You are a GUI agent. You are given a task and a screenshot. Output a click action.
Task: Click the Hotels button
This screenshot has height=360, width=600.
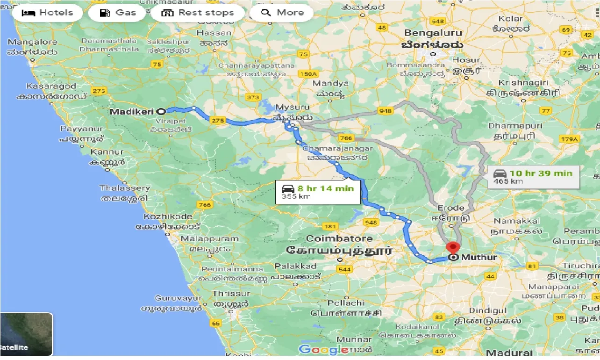tap(47, 13)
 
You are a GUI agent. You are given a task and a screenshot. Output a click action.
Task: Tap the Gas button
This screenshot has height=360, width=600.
tap(118, 13)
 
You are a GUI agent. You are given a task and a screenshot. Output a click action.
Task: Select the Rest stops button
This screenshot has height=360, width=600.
tap(197, 13)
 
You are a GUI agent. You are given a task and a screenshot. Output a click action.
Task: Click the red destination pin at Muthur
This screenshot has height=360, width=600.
tap(453, 248)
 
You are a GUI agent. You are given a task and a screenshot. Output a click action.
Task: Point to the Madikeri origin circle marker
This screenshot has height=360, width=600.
tap(161, 112)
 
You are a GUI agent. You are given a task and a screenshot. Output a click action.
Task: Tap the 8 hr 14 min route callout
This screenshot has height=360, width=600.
tap(318, 192)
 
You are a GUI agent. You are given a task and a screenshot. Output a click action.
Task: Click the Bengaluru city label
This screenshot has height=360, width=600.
tap(433, 33)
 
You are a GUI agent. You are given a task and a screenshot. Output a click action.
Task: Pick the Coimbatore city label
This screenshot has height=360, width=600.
tap(339, 238)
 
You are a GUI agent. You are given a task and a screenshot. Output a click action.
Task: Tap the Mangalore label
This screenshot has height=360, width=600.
tap(32, 42)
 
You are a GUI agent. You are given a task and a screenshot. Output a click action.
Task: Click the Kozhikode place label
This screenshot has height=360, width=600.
tap(168, 216)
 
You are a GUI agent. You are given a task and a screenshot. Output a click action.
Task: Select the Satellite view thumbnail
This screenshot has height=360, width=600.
tap(26, 334)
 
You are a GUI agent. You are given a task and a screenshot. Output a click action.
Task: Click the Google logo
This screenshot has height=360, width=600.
tap(323, 349)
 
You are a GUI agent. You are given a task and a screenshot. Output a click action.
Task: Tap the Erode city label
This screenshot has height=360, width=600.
tap(451, 208)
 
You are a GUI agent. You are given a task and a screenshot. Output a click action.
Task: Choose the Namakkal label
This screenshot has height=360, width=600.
tap(517, 221)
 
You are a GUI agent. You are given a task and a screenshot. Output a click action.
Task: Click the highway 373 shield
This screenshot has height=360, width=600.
tap(252, 97)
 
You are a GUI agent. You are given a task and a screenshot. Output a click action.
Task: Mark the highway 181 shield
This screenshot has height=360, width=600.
tap(330, 227)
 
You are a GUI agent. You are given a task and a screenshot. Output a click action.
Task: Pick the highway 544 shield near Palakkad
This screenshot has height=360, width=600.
tap(344, 269)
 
